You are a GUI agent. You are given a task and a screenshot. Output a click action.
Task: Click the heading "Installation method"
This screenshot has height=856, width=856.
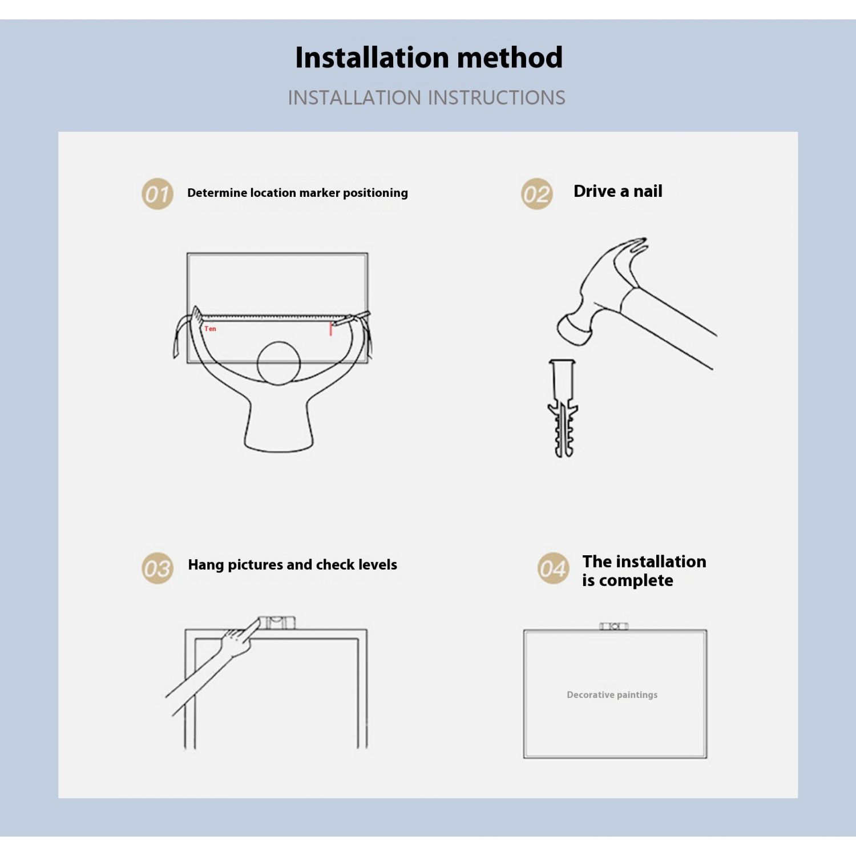[429, 58]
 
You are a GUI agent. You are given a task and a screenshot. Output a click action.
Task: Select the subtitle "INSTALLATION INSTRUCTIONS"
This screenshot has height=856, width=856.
[426, 98]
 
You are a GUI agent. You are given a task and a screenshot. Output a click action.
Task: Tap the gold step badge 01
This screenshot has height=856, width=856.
[157, 194]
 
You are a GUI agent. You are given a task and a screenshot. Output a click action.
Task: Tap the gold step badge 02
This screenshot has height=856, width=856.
[536, 194]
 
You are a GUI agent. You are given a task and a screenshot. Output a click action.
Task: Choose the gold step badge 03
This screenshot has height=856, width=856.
[157, 568]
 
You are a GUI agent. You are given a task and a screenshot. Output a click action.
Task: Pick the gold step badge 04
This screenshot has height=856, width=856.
[553, 568]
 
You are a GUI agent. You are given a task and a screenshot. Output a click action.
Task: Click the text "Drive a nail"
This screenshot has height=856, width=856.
[618, 191]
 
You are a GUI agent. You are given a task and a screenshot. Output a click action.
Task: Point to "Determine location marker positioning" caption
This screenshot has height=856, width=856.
[297, 193]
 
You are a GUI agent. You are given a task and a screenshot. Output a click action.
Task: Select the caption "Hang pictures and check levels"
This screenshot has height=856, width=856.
[292, 564]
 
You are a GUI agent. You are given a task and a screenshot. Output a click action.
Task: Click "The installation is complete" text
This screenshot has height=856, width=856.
[644, 571]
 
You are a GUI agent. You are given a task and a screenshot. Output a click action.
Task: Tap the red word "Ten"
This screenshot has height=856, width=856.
[211, 329]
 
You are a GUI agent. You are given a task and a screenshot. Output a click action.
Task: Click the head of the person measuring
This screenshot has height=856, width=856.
[278, 364]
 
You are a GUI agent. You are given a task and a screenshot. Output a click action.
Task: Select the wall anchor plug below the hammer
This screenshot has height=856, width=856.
[563, 408]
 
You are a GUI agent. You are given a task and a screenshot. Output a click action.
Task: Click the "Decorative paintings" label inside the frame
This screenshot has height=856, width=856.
[612, 695]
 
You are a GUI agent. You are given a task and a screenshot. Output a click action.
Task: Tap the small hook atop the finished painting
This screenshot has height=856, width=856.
[613, 626]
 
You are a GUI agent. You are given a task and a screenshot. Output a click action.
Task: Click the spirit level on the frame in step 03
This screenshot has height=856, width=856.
[277, 622]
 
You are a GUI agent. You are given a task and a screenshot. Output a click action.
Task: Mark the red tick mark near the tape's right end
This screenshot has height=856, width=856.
[330, 329]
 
